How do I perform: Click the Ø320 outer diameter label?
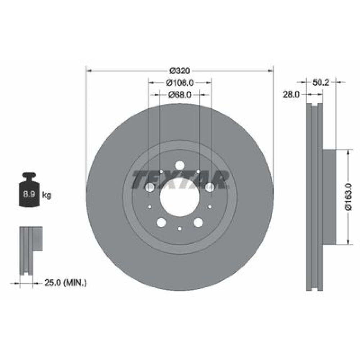180,71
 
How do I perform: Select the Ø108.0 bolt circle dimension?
180,83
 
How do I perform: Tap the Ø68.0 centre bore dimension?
180,95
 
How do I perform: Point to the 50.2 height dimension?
321,82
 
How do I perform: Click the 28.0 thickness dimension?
291,94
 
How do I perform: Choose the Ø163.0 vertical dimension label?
348,197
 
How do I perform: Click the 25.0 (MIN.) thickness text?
66,283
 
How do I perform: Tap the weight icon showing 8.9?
29,189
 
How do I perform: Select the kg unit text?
46,195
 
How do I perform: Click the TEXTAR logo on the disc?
180,180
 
